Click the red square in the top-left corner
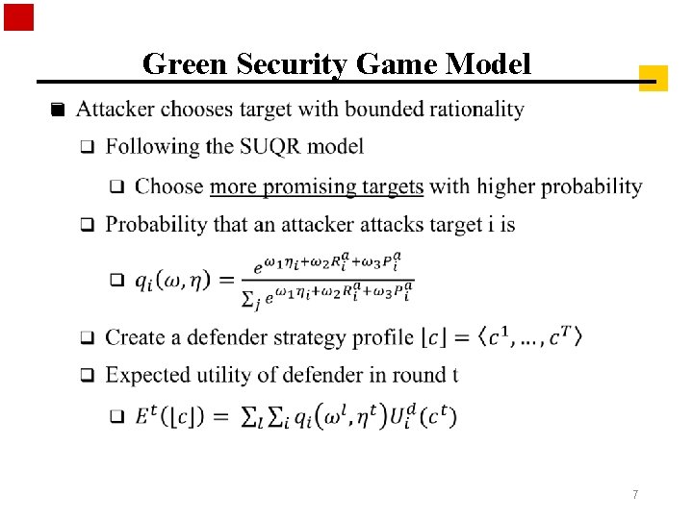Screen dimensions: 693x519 pyautogui.click(x=18, y=17)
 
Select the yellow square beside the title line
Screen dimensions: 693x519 pyautogui.click(x=653, y=78)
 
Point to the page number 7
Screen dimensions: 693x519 pyautogui.click(x=635, y=494)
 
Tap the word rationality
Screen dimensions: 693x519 pyautogui.click(x=476, y=110)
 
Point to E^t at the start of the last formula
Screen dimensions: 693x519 pyautogui.click(x=144, y=416)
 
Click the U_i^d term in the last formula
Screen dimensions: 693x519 pyautogui.click(x=396, y=416)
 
